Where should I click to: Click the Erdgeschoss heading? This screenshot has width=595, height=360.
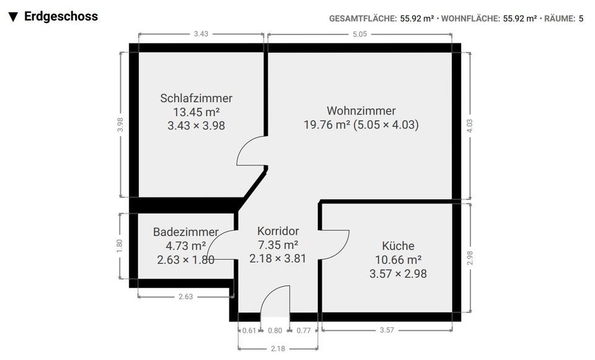coord(61,17)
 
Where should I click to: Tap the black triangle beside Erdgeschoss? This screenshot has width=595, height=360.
coord(13,17)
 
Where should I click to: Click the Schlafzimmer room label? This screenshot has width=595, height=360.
coord(196,98)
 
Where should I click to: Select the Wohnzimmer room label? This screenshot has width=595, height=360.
coord(361,111)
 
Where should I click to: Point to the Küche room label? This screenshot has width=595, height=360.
coord(398,246)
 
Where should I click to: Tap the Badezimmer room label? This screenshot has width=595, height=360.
coord(185,232)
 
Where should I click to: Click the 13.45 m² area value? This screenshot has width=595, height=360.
coord(196,112)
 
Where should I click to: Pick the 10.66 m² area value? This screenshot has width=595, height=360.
coord(398,260)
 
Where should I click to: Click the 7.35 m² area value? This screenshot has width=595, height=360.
coord(278,245)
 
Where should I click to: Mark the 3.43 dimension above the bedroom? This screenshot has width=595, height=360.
coord(201,34)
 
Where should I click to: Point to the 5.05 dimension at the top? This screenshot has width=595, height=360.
coord(359,34)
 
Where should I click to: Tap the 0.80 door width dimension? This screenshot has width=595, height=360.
coord(275,331)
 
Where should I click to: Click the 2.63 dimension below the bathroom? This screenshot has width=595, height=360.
coord(185,297)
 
